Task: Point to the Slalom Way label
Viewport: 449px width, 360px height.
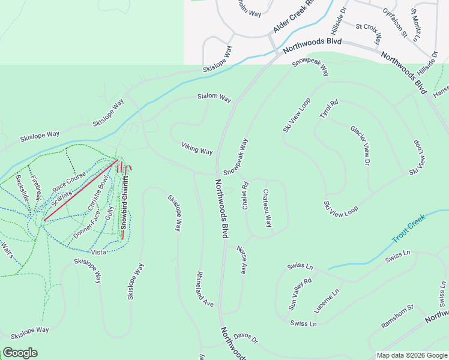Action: click(214, 97)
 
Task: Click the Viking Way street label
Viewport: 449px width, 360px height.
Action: click(197, 148)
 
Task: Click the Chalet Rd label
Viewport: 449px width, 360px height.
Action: click(245, 196)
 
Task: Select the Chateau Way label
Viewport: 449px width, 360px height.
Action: click(267, 208)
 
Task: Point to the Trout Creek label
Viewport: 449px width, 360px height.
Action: click(408, 229)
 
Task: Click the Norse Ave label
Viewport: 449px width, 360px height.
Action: click(241, 259)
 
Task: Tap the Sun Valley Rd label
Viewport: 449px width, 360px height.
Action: click(300, 293)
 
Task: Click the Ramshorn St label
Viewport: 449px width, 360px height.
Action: click(398, 316)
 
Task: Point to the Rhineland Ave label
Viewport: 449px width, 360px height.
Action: click(205, 289)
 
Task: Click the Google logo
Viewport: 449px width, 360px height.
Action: click(20, 353)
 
